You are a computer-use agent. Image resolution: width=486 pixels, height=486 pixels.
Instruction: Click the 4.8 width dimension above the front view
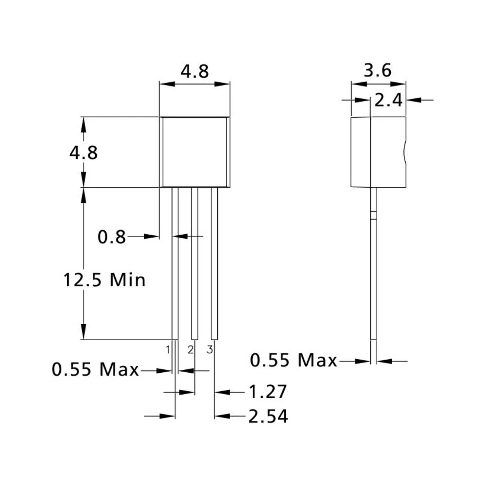click(x=194, y=72)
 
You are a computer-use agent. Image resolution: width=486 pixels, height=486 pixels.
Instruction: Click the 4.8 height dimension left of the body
click(x=83, y=153)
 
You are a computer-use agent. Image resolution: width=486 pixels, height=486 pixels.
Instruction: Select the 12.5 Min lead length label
click(x=104, y=280)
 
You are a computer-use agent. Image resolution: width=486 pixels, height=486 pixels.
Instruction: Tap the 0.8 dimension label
click(x=111, y=237)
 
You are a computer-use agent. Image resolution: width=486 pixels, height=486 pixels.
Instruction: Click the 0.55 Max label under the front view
click(x=96, y=370)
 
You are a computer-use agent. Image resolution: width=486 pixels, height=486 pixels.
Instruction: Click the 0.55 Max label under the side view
click(x=294, y=361)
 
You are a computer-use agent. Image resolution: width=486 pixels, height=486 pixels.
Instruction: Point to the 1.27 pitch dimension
click(x=267, y=392)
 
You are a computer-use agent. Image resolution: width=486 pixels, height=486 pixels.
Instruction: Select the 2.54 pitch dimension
click(x=268, y=417)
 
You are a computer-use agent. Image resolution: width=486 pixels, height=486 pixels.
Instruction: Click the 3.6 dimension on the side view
click(x=378, y=71)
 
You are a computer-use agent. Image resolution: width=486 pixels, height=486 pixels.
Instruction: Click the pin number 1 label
click(x=168, y=349)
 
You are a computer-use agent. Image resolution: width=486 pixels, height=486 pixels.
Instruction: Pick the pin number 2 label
click(x=191, y=349)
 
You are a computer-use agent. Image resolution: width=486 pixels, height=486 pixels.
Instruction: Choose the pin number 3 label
click(x=210, y=349)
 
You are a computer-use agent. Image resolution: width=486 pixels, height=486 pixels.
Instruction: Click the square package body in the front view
click(x=194, y=152)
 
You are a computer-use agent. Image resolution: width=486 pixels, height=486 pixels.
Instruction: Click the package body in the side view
click(x=378, y=152)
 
